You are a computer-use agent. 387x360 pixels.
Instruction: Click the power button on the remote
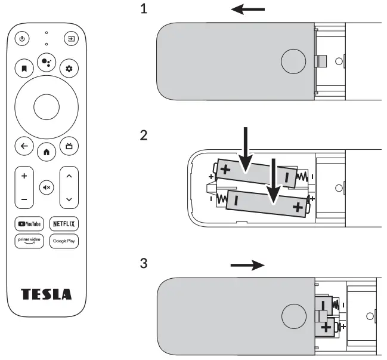22,39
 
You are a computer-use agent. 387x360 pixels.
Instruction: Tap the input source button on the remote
71,39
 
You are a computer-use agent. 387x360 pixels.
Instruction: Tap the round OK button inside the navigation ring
47,107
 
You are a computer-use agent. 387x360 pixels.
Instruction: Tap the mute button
47,187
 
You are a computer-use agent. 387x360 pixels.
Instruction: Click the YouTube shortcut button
29,224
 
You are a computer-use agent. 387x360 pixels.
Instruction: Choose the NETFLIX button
64,224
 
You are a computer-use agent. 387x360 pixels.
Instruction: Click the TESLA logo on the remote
47,294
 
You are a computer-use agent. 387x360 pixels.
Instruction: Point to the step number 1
143,10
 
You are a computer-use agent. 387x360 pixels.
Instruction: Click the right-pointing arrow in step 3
247,266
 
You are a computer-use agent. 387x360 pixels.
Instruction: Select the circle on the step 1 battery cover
292,61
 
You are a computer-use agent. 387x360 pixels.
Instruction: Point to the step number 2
143,135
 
